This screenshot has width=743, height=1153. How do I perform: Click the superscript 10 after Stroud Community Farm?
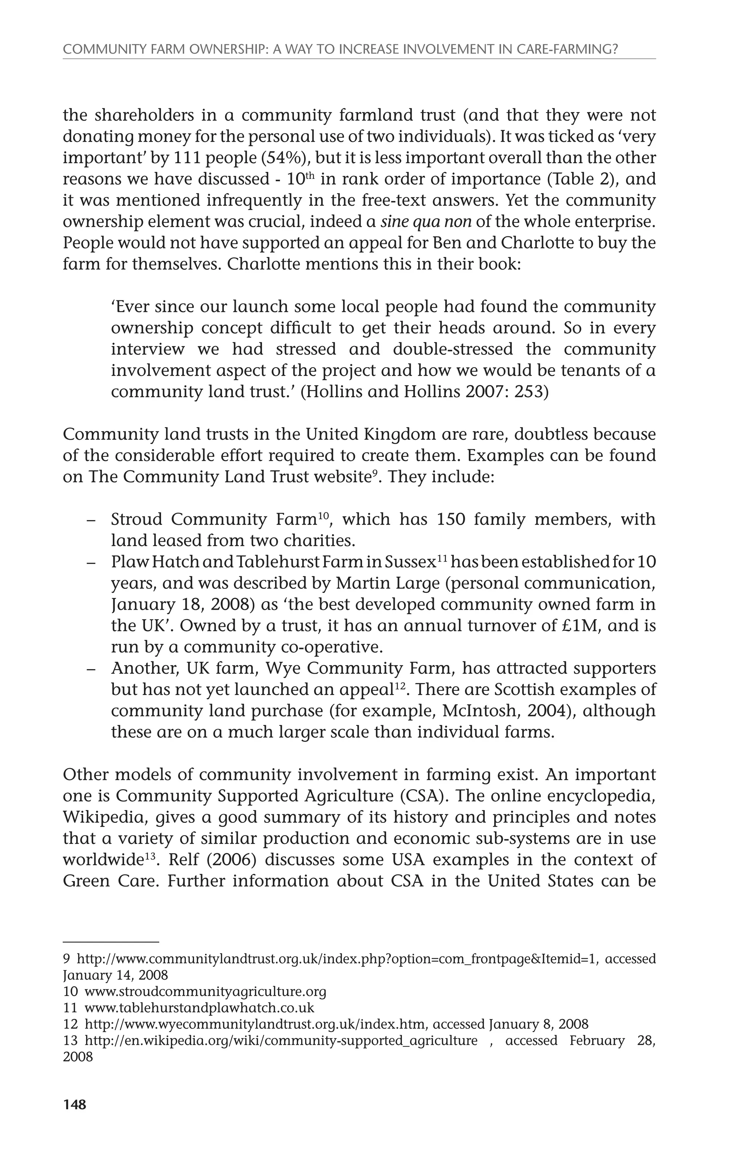coord(323,515)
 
